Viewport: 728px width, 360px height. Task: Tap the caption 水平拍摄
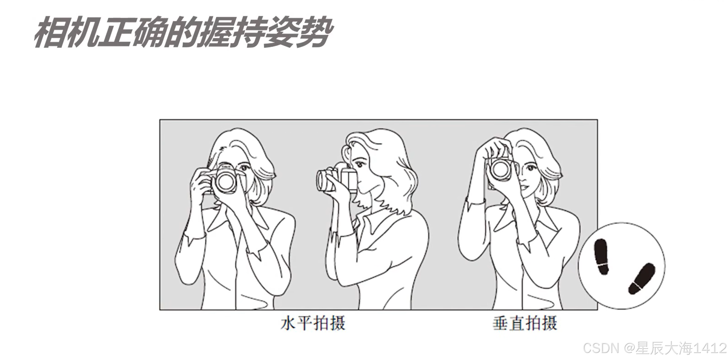[313, 323]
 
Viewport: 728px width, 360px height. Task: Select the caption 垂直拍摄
[525, 323]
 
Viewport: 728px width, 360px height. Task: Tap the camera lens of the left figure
[226, 183]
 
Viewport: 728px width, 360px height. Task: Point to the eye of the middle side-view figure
[358, 164]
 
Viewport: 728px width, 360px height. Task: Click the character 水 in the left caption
[288, 323]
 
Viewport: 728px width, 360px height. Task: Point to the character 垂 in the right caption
[500, 323]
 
